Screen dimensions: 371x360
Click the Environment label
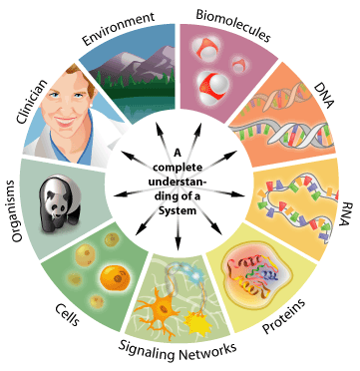coord(120,20)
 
